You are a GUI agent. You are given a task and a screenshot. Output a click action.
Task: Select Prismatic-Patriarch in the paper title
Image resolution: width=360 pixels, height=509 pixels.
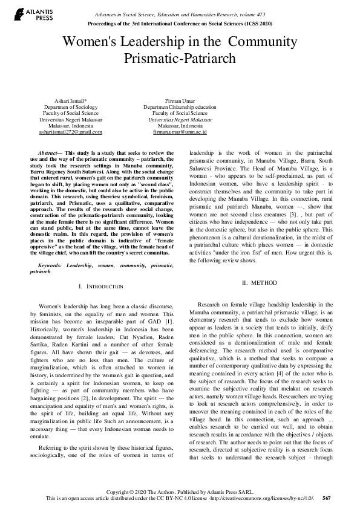[x=180, y=59]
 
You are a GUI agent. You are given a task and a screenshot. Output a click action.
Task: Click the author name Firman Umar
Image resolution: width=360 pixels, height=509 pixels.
[x=180, y=99]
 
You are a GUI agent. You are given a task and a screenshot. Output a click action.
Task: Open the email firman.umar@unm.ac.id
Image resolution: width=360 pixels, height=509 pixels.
[x=180, y=132]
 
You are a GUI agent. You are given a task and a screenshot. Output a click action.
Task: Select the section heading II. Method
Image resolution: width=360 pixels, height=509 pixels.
[x=260, y=282]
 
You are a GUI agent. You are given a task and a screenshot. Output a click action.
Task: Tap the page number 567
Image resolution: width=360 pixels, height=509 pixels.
[x=327, y=498]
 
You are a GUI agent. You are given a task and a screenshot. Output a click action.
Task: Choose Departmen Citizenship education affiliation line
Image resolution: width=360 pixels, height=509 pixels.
[x=180, y=106]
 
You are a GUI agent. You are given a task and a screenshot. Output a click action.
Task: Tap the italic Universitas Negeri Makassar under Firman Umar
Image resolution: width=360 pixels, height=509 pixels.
[x=180, y=119]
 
